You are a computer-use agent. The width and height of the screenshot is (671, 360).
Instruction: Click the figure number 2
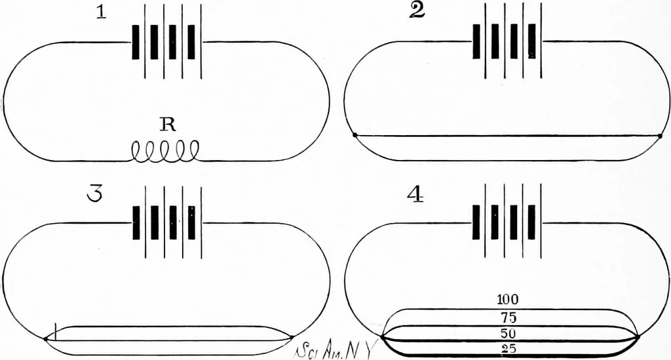pos(417,11)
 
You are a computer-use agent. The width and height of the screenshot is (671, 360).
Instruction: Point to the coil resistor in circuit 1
pos(165,152)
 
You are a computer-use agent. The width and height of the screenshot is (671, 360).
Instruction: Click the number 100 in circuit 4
pos(508,300)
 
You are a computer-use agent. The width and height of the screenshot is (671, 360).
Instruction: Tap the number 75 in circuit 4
pos(508,317)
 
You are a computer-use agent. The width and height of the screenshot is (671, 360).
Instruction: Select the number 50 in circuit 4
pos(508,334)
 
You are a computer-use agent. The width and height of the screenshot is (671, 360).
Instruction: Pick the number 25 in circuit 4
pos(508,349)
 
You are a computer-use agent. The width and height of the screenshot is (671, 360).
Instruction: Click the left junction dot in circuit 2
pos(355,136)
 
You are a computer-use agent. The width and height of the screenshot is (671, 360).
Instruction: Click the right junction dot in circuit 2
pos(660,136)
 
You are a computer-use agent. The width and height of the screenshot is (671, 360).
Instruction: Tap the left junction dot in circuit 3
pos(45,340)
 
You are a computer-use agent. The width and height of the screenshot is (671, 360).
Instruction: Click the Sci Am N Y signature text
pos(334,350)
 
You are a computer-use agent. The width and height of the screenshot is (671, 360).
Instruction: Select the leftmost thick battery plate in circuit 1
pos(136,42)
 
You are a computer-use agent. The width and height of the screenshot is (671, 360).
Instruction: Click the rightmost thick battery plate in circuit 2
pos(532,41)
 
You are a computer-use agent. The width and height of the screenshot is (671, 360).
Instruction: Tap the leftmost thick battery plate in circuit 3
pos(136,222)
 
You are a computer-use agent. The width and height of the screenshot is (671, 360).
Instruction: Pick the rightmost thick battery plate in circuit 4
pos(532,222)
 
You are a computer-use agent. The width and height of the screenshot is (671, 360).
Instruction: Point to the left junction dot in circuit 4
pos(382,336)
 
